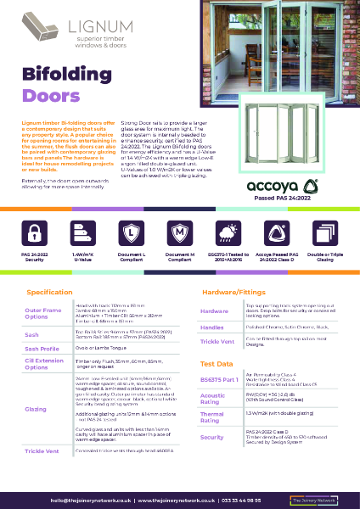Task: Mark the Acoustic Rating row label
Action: pyautogui.click(x=212, y=398)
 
